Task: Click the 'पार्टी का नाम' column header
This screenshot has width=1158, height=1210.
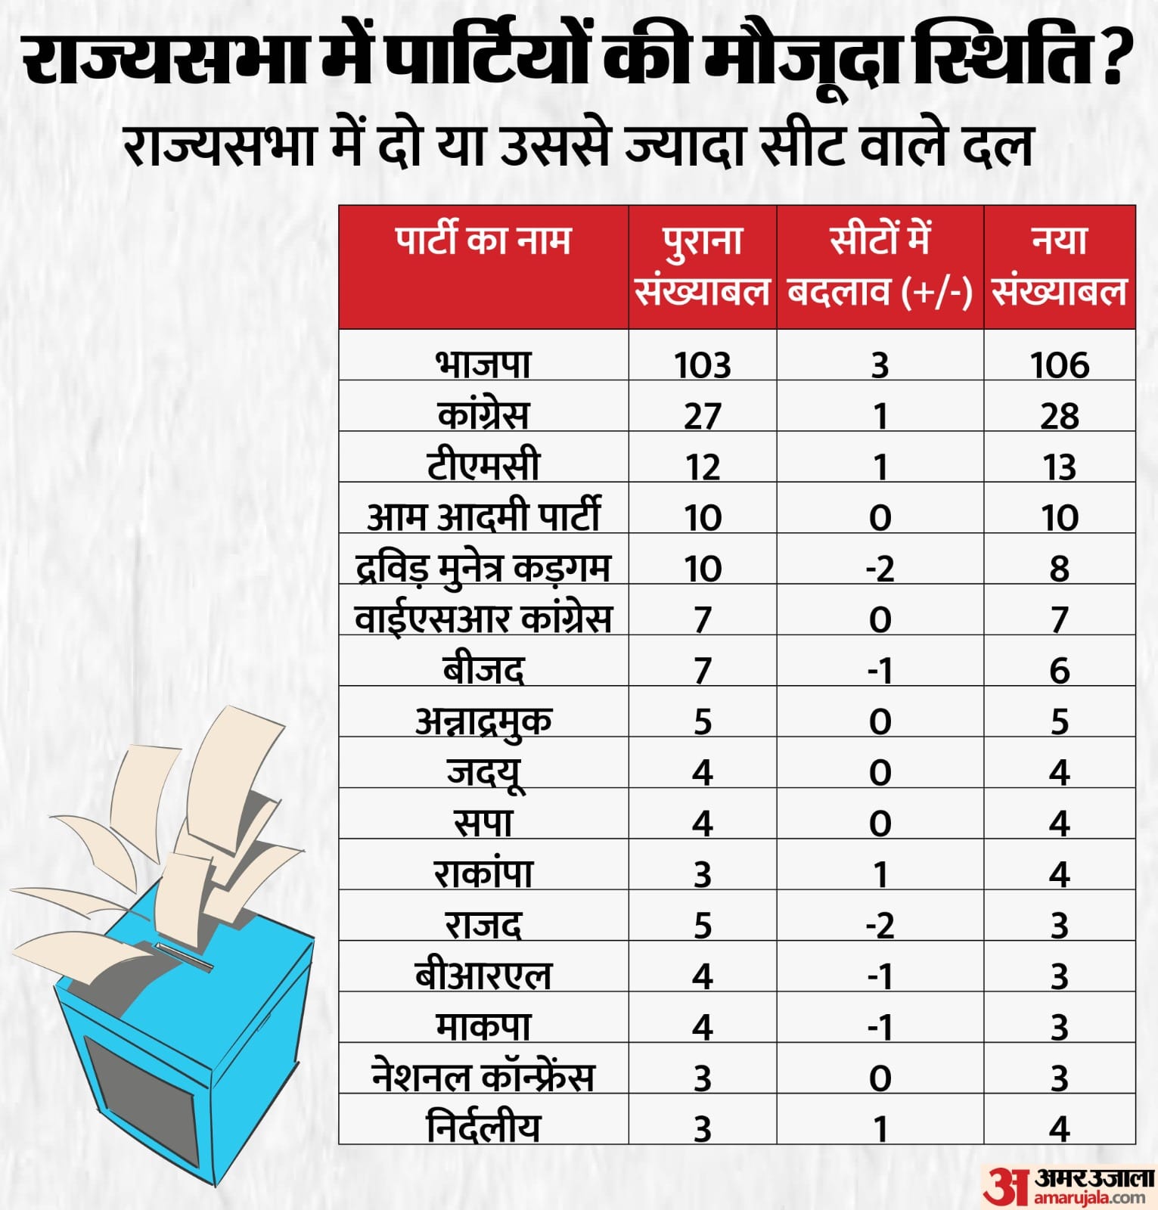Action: [483, 240]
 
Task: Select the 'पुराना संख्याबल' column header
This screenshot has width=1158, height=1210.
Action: [702, 266]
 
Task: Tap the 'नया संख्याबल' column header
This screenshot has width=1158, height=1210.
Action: [1059, 266]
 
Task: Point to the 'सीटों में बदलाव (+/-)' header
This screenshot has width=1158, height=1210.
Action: [880, 266]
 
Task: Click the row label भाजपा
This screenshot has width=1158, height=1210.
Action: [483, 364]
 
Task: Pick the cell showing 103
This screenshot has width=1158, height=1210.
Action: [702, 365]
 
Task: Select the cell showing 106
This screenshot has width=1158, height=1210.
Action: [1059, 365]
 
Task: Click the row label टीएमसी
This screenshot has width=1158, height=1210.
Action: [483, 466]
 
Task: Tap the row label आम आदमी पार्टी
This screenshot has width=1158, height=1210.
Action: [483, 517]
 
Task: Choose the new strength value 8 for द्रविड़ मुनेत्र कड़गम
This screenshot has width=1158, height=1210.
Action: [1059, 569]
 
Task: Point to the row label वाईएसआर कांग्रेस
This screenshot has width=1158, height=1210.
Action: [483, 619]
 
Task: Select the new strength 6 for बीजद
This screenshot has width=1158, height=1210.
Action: [1059, 671]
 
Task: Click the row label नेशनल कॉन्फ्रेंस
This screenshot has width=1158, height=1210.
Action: [483, 1078]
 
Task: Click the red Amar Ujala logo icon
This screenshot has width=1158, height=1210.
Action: [1006, 1185]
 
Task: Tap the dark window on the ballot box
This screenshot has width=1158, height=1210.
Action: [140, 1100]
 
